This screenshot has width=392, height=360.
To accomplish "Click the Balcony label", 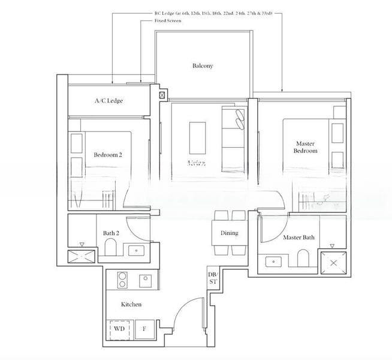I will pyautogui.click(x=203, y=66).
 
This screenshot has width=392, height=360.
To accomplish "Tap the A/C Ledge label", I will pyautogui.click(x=108, y=101).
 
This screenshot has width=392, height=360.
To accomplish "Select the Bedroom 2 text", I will pyautogui.click(x=108, y=155).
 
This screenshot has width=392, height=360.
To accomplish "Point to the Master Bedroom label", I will pyautogui.click(x=306, y=147).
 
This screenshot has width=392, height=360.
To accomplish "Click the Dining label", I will pyautogui.click(x=229, y=233).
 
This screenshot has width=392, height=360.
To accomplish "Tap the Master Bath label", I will pyautogui.click(x=298, y=238).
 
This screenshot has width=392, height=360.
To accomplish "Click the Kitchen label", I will pyautogui.click(x=131, y=304).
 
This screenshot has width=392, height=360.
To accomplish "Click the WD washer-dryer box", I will pyautogui.click(x=119, y=329).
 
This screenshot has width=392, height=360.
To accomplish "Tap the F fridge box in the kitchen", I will pyautogui.click(x=144, y=329).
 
